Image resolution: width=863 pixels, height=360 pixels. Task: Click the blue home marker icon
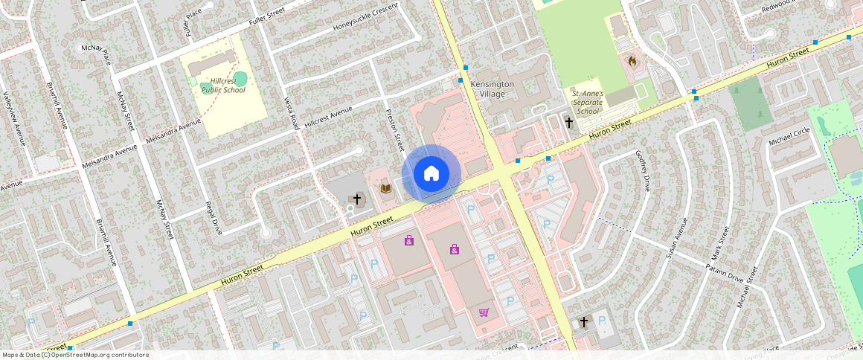coord(431,174)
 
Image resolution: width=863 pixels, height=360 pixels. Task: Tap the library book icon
coord(385,188)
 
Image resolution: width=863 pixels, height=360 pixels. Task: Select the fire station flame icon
coord(632,61)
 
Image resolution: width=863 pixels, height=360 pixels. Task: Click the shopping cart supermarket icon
coord(484,312)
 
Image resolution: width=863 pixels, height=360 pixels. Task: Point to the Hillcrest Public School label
coord(223,85)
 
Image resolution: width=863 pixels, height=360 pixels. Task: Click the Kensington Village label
coord(493,89)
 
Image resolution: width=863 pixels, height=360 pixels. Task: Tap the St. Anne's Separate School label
coord(588,103)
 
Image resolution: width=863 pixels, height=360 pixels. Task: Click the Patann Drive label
coord(725,266)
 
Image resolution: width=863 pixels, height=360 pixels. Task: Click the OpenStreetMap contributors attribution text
coord(76,355)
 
